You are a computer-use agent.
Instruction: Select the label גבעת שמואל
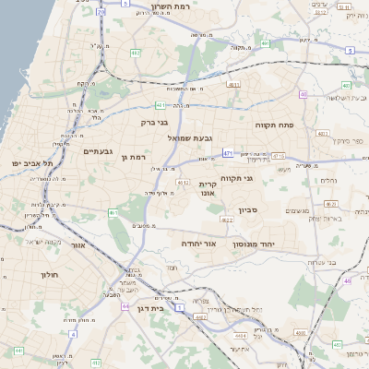point(185,137)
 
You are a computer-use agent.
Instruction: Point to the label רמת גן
point(134,157)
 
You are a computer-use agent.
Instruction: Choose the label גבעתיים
point(98,151)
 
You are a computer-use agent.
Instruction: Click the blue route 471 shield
point(228,152)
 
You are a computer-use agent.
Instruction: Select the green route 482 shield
point(136,54)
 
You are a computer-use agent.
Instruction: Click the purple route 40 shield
point(304,94)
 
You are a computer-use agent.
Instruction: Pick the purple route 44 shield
point(125,305)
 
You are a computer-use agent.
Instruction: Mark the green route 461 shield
point(113,213)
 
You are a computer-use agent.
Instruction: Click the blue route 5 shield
point(351,50)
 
